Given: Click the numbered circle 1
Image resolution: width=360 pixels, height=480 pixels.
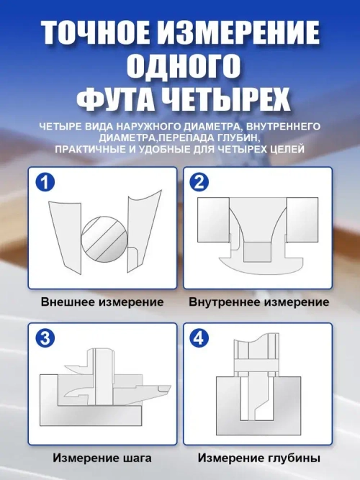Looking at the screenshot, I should pos(45,183).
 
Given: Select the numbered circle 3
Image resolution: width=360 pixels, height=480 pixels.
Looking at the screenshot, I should pos(45,338).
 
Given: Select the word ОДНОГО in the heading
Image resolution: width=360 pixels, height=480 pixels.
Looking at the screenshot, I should pos(179,66).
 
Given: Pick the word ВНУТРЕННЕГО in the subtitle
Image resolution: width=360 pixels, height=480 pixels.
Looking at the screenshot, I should pos(284,126).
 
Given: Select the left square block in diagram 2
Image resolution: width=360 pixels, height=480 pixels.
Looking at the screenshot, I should pos(214,219).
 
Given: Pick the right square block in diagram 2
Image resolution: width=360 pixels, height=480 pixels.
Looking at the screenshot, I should pos(301,219).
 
